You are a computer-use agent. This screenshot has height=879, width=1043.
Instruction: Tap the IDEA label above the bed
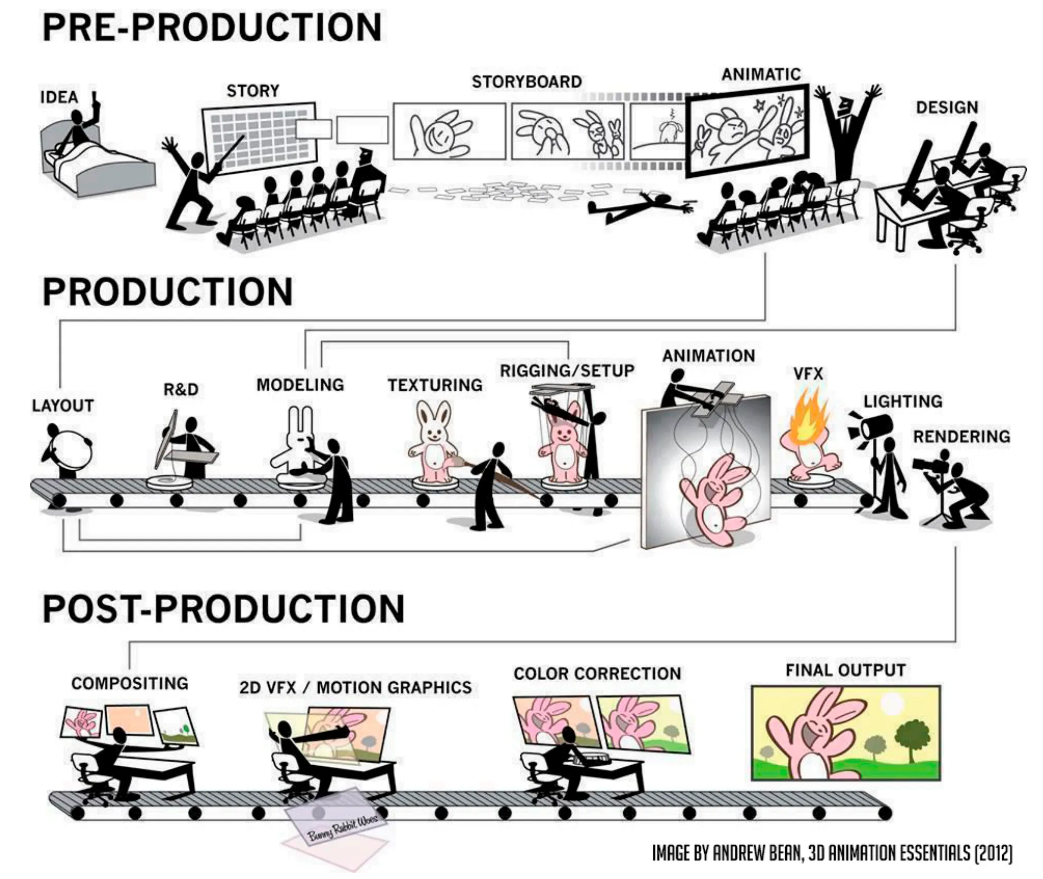[59, 97]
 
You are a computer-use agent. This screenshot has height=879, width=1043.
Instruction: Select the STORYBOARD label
[527, 82]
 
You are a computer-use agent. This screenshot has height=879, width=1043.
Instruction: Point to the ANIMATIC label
[761, 75]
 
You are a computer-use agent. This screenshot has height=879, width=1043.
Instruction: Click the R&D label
[181, 389]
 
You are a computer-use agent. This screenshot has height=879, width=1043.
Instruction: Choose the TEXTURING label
[435, 385]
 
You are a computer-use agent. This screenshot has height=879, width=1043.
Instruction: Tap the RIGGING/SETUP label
[567, 371]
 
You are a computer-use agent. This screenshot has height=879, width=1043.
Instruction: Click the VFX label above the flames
[808, 374]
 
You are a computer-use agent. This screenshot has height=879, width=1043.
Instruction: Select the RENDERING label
[961, 436]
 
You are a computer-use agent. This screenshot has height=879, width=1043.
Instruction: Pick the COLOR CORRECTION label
[597, 674]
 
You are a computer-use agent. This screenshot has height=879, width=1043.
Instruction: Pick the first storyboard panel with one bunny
[449, 131]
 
